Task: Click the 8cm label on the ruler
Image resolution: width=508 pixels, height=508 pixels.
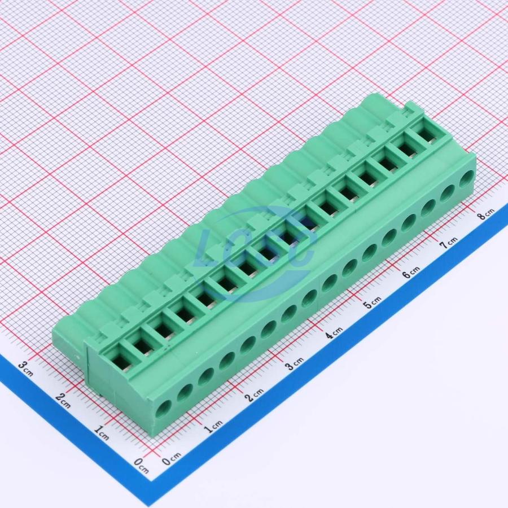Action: click(x=487, y=213)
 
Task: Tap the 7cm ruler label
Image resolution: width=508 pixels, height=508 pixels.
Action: click(x=448, y=242)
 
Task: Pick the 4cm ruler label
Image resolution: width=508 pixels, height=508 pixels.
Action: click(x=334, y=332)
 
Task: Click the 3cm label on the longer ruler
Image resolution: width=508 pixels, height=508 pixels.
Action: click(x=294, y=363)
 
